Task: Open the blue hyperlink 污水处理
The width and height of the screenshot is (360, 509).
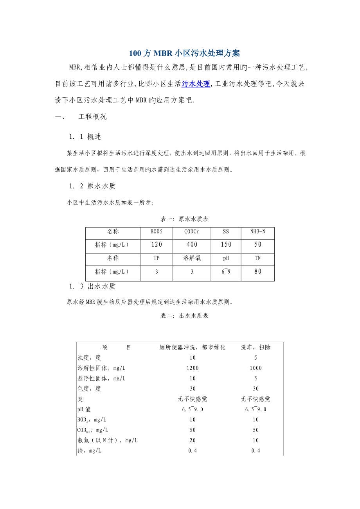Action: (196, 83)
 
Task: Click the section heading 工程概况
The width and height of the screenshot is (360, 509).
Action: (92, 116)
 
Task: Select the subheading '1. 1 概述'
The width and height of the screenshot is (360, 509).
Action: (85, 136)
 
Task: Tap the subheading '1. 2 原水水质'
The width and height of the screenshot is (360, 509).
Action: (92, 186)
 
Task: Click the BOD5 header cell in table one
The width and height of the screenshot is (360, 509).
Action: (156, 232)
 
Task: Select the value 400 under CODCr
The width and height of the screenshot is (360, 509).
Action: (191, 245)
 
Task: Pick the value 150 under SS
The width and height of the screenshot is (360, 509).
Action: (226, 245)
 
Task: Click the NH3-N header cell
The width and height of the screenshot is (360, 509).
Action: (257, 232)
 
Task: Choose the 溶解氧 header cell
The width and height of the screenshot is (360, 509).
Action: (191, 258)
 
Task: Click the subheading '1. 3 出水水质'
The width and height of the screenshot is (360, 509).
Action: (92, 286)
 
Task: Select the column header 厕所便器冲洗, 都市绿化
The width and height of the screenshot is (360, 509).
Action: (192, 347)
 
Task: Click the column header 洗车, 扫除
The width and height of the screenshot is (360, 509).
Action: (256, 347)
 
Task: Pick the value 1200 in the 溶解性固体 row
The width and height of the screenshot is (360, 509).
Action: (192, 368)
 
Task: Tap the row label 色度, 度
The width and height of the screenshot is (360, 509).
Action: (89, 389)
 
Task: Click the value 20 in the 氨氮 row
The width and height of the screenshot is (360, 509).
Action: (192, 441)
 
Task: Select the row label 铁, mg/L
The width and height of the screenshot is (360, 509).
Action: (89, 451)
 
